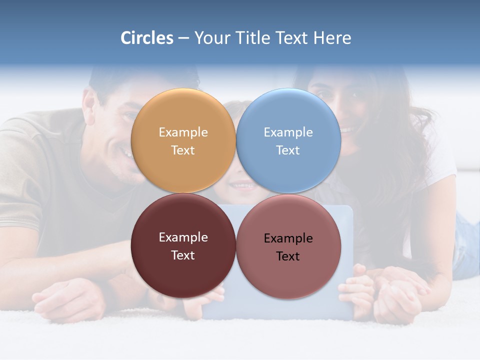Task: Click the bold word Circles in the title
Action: tap(146, 38)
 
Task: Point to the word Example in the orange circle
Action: tap(183, 132)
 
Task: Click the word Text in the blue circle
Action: tap(288, 150)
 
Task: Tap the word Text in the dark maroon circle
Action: tap(183, 255)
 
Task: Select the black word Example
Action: tap(288, 238)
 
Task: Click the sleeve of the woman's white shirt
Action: tap(442, 160)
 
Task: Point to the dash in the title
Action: tap(183, 38)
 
